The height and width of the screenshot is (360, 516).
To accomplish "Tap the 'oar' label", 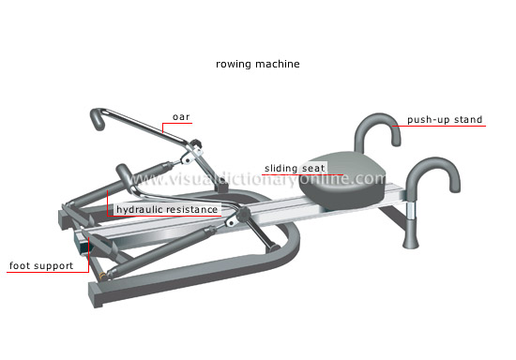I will pyautogui.click(x=180, y=117).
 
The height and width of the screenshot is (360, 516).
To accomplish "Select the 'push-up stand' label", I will pyautogui.click(x=445, y=120).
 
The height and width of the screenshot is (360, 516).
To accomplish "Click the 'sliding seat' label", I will pyautogui.click(x=294, y=169).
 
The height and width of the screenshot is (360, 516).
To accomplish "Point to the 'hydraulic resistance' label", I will pyautogui.click(x=167, y=209).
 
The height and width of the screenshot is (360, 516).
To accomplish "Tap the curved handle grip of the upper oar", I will pyautogui.click(x=99, y=120).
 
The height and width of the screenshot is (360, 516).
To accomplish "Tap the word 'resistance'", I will pyautogui.click(x=193, y=209).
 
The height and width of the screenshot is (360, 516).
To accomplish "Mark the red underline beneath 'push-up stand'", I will pyautogui.click(x=445, y=127).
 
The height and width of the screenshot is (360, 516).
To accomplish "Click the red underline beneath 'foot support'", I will pyautogui.click(x=43, y=273).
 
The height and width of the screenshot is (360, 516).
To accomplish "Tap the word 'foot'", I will pyautogui.click(x=21, y=265).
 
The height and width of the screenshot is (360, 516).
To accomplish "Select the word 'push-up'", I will pyautogui.click(x=427, y=120).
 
